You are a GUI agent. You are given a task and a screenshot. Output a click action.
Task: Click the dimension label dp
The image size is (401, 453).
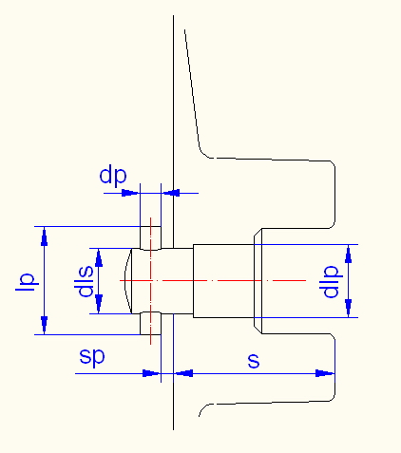(x=113, y=176)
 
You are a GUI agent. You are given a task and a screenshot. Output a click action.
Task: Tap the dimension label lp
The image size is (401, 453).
(x=28, y=282)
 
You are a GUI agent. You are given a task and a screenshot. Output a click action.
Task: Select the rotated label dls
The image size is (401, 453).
(x=84, y=281)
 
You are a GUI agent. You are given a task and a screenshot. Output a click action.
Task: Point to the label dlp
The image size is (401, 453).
(x=330, y=282)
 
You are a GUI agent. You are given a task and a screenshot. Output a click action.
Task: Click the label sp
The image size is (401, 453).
(x=92, y=357)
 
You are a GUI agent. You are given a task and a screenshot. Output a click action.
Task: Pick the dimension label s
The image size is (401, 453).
(x=254, y=360)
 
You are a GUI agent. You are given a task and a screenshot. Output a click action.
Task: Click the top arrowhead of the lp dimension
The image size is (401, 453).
(x=44, y=236)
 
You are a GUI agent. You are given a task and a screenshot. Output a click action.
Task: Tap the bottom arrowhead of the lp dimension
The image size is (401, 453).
(x=44, y=325)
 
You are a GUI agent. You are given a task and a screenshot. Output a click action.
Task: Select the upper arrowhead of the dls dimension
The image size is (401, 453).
(x=99, y=257)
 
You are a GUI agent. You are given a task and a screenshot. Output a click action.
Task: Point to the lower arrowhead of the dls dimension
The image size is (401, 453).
(x=99, y=304)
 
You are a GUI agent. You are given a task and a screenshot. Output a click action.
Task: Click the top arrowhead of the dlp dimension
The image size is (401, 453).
(x=349, y=254)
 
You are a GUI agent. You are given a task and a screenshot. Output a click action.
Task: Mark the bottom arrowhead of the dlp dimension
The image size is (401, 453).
(x=349, y=308)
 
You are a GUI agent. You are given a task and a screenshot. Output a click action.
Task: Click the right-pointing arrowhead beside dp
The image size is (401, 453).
(x=131, y=193)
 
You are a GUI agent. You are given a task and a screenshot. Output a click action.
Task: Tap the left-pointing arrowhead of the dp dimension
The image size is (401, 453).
(x=170, y=193)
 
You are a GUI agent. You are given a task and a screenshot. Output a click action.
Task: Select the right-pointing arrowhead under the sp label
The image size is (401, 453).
(x=152, y=373)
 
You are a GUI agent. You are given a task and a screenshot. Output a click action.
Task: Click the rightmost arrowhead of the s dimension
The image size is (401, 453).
(x=325, y=373)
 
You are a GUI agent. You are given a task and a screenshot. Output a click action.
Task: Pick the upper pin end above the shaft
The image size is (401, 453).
(x=150, y=238)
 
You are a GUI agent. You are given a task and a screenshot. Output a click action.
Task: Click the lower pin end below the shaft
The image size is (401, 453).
(x=150, y=323)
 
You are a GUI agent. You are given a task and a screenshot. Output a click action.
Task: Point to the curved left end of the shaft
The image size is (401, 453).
(x=128, y=281)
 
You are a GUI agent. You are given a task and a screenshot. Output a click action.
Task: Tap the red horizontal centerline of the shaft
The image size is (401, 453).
(x=213, y=280)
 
